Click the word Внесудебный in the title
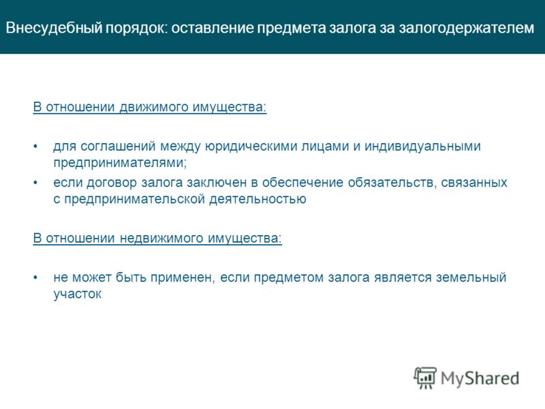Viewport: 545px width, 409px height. (54, 28)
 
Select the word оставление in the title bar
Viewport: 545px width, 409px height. (212, 28)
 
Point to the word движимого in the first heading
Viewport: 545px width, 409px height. (153, 107)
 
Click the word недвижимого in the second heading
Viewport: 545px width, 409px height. (161, 238)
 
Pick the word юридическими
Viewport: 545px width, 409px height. (251, 147)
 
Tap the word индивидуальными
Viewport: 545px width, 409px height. (422, 147)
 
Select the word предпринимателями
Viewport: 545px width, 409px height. (119, 163)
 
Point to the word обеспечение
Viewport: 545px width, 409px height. (302, 182)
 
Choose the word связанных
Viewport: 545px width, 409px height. (474, 183)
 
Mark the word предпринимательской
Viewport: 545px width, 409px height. (134, 199)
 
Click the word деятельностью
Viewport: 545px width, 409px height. (258, 199)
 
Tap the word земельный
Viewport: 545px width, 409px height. (471, 277)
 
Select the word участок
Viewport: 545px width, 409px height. (77, 294)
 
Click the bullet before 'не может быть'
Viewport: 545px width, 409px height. (35, 278)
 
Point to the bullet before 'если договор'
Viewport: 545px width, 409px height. (35, 183)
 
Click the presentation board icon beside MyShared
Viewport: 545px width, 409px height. (425, 378)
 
